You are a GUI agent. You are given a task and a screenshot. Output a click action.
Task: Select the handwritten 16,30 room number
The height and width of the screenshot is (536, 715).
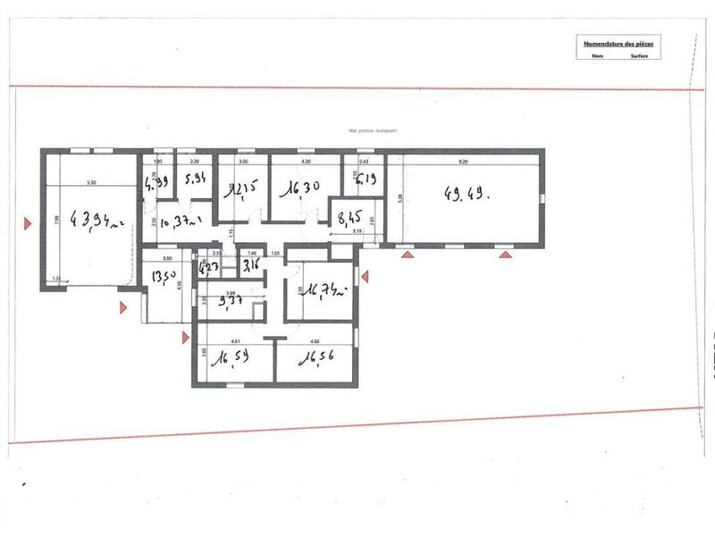[x=297, y=190]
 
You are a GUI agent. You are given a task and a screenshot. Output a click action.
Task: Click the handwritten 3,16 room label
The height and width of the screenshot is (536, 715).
[x=252, y=264]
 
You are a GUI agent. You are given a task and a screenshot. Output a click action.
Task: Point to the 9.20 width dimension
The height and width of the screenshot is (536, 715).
[x=463, y=163]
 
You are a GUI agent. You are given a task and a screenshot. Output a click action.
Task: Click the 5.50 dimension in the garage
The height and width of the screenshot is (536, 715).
[x=90, y=183]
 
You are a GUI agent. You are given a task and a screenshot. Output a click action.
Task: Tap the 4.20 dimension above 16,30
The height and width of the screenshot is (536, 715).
[x=305, y=163]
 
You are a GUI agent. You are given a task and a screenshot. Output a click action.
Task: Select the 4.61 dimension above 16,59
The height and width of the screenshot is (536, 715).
[x=235, y=340]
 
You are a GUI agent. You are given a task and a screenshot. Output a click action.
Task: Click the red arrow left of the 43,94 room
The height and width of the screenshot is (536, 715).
[x=30, y=220]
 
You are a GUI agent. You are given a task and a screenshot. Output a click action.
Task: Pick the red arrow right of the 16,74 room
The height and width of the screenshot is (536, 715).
[x=365, y=275]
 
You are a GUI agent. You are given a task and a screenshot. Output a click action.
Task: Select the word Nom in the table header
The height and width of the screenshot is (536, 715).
[x=596, y=54]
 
